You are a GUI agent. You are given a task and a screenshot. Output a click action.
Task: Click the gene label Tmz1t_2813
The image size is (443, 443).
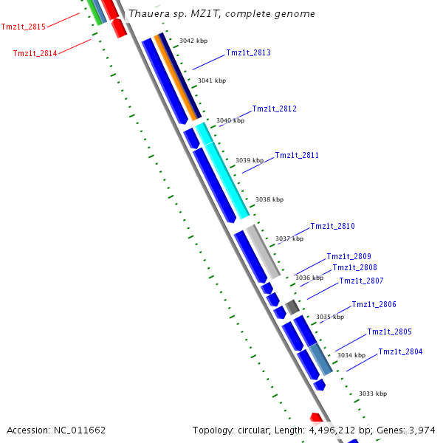(x=248, y=52)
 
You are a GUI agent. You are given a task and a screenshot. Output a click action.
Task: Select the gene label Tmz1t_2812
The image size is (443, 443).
(x=274, y=109)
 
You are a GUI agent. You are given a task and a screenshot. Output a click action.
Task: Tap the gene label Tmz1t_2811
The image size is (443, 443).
(x=297, y=155)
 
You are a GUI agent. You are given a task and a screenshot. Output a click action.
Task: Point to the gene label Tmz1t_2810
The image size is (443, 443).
(x=332, y=226)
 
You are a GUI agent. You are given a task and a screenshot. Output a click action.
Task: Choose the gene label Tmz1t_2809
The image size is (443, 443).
(x=348, y=256)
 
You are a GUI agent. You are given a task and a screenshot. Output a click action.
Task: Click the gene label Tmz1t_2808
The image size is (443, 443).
(x=354, y=267)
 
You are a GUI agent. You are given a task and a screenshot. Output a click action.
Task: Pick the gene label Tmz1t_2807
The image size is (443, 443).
(x=361, y=281)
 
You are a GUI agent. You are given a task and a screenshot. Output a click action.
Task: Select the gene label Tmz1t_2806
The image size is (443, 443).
(x=374, y=304)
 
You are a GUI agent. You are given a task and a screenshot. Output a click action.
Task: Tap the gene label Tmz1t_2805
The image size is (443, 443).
(x=389, y=332)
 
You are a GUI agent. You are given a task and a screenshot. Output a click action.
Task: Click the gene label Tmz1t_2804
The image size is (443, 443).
(x=400, y=351)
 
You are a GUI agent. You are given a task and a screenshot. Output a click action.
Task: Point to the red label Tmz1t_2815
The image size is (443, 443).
(x=24, y=27)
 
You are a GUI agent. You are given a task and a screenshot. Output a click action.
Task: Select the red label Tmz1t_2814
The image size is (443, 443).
(x=35, y=52)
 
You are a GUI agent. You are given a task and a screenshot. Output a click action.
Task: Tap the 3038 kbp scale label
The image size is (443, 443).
(x=269, y=199)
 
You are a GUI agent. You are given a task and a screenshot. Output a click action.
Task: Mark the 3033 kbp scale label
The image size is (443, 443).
(x=373, y=394)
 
